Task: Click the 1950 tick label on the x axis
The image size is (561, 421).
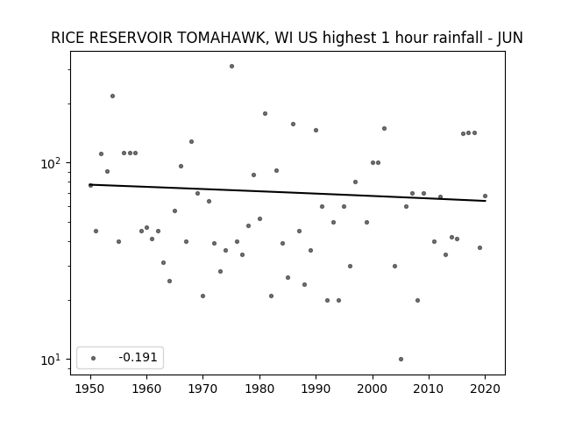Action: (x=90, y=389)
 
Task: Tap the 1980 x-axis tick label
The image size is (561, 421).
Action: (x=259, y=389)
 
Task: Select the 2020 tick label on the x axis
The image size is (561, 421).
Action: (x=485, y=389)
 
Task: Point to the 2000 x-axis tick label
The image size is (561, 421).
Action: (x=373, y=389)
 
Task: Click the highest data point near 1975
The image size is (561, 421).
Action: (x=231, y=67)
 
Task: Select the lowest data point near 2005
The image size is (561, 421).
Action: (x=401, y=359)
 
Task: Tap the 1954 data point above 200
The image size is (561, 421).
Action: (x=113, y=96)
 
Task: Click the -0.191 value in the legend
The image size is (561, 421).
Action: (x=138, y=357)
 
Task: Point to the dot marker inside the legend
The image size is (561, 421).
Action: (x=94, y=358)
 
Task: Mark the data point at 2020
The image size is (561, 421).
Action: (x=485, y=196)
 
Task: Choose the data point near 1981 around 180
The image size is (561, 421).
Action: (x=265, y=113)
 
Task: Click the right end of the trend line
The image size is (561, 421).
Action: (x=486, y=201)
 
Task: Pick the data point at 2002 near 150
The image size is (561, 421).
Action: (x=384, y=129)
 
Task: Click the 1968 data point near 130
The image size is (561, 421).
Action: (x=191, y=142)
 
